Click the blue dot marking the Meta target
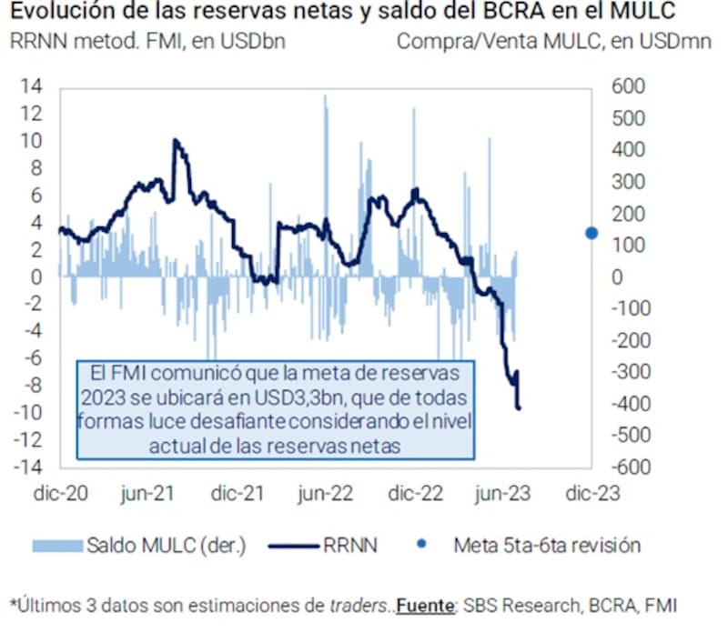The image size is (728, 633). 591,233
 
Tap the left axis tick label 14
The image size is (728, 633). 31,87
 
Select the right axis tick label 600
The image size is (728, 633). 627,87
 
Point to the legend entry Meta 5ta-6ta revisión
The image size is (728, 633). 547,546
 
